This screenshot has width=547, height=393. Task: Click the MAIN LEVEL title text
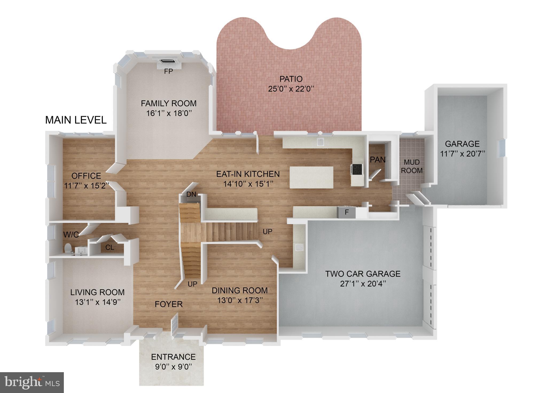click(76, 120)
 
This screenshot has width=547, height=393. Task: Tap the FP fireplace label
click(169, 71)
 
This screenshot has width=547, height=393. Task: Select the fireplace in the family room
click(168, 61)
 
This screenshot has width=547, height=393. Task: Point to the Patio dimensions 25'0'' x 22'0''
click(291, 89)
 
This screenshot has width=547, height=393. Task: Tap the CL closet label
click(110, 247)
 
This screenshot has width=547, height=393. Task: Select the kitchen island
click(311, 177)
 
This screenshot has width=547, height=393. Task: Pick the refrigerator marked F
click(347, 213)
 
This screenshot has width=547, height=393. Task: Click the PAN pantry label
click(378, 160)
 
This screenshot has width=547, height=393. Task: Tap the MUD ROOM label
click(412, 166)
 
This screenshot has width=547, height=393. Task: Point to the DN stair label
click(191, 194)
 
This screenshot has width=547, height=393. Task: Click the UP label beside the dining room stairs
click(192, 284)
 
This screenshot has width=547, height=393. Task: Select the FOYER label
click(169, 304)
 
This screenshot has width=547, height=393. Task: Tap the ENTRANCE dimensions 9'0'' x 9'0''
click(173, 367)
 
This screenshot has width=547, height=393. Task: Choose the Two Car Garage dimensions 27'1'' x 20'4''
click(363, 284)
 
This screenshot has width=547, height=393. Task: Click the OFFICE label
click(86, 176)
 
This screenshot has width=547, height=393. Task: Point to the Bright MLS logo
click(32, 383)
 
